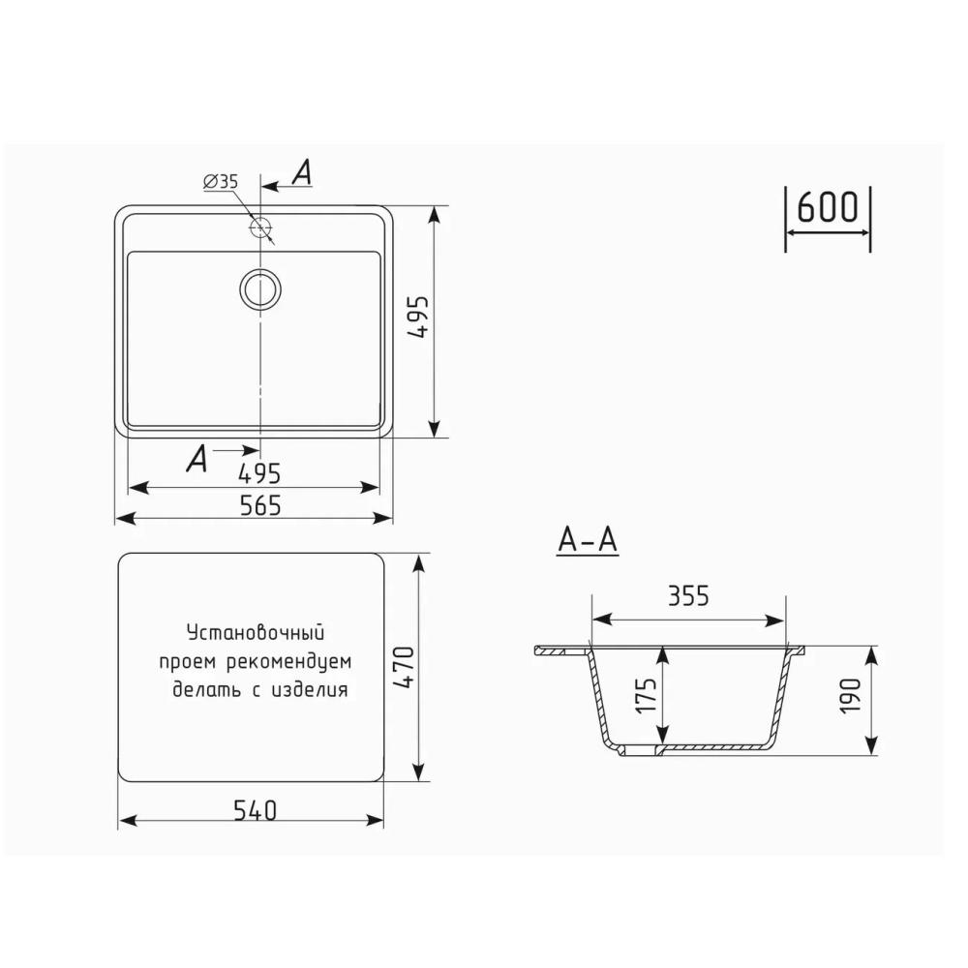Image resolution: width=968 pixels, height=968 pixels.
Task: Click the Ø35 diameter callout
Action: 221,182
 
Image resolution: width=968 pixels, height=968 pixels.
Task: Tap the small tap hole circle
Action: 260,228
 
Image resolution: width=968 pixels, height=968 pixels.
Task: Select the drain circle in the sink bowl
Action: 260,288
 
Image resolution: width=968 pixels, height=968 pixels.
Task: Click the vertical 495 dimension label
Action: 419,317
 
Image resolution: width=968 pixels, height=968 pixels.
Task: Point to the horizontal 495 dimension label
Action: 259,473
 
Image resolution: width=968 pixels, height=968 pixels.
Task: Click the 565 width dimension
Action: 259,505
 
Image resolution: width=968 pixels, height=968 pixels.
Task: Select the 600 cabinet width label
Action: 828,207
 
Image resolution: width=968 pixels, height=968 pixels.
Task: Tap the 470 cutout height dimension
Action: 405,667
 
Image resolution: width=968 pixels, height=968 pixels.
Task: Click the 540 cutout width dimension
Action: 255,810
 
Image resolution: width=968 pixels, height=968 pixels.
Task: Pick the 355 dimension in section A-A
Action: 688,596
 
